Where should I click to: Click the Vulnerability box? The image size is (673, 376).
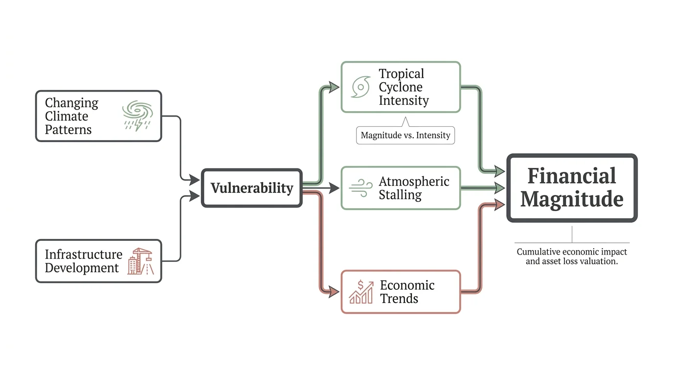(252, 188)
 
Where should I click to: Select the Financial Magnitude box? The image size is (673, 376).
(572, 188)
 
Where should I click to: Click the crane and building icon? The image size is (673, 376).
(140, 261)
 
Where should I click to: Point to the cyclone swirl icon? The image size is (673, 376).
(360, 87)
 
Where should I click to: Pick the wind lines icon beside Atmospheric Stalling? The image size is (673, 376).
(361, 188)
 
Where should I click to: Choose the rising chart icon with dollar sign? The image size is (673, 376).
(361, 292)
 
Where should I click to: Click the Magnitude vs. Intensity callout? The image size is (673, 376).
(405, 135)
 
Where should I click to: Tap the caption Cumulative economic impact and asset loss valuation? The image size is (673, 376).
(572, 257)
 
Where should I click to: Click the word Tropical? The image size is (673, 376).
(402, 74)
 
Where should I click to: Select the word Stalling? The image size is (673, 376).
(400, 195)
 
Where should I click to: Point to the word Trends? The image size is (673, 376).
(399, 299)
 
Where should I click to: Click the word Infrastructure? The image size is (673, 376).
(84, 255)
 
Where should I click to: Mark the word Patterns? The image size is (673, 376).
(68, 130)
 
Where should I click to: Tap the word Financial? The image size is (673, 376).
(572, 176)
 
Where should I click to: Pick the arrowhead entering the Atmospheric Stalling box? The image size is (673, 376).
(334, 188)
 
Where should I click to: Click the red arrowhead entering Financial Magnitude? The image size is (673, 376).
(499, 205)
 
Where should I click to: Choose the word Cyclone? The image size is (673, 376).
(401, 87)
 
